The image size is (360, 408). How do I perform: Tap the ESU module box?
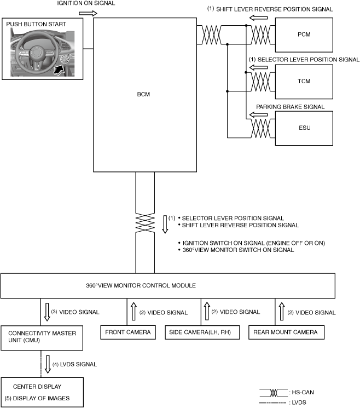point(305,128)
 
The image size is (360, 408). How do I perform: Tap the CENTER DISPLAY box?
point(42,392)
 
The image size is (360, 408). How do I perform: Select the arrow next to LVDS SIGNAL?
point(48,362)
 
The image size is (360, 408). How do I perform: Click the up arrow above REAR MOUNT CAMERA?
point(281,312)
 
